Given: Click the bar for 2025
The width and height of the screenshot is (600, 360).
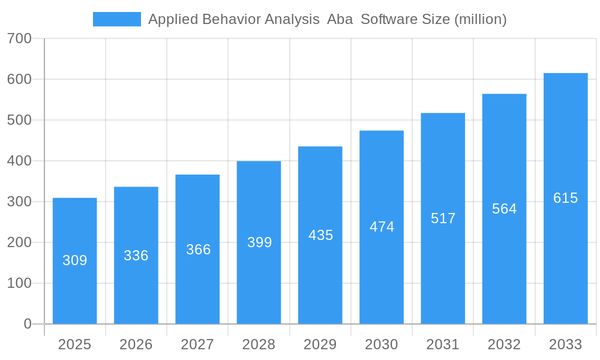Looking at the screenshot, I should (x=74, y=261).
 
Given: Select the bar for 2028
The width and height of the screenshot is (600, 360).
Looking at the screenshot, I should (x=259, y=242).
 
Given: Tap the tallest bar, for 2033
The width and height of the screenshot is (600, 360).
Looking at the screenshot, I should (x=565, y=199).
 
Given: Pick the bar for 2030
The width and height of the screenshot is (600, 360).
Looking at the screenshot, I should (x=382, y=227).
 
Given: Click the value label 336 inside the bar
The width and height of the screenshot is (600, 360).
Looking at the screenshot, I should (x=136, y=256).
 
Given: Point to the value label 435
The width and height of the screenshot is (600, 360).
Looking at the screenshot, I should (x=320, y=235).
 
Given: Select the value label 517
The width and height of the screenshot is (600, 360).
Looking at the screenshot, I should (x=443, y=218).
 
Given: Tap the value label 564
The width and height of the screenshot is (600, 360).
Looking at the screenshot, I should (x=504, y=209).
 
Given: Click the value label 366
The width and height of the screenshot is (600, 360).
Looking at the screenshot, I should (x=198, y=250).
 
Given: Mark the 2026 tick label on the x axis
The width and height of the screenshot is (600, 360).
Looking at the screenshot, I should (x=136, y=344).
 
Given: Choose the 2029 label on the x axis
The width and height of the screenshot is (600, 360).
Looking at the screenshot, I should (x=320, y=344).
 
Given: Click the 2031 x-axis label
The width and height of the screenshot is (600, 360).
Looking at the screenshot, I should (x=443, y=344).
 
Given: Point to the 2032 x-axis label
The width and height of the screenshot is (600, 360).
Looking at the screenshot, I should (x=504, y=344).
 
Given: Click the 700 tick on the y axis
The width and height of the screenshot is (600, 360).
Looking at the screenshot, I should (x=19, y=38).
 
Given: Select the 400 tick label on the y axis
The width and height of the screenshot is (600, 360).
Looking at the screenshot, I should (x=19, y=161).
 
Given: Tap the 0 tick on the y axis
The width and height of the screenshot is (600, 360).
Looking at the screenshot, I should (x=28, y=324).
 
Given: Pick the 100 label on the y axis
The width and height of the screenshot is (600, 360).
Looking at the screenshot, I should (x=19, y=283).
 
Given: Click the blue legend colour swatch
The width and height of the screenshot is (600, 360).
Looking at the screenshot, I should (x=117, y=19).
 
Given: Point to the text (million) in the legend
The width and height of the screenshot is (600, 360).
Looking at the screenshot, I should (x=480, y=19).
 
